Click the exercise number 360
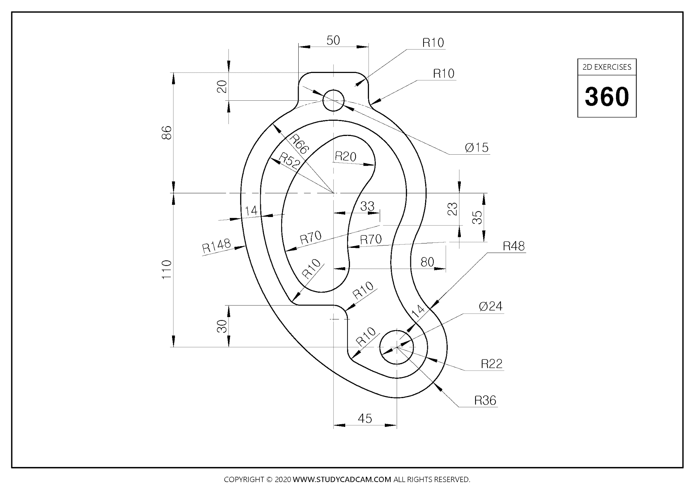[607, 97]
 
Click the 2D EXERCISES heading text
[607, 67]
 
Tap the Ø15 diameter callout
[476, 148]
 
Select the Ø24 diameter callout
[490, 306]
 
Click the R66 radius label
[299, 144]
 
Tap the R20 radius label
[345, 156]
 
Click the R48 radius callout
[513, 246]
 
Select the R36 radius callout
[485, 400]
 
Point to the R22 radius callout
[491, 364]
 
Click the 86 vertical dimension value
[167, 133]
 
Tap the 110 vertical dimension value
[167, 270]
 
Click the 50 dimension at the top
[333, 41]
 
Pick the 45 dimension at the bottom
[365, 418]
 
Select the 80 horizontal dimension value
[427, 262]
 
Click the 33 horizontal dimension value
[367, 206]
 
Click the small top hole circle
[334, 100]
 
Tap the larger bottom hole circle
[397, 347]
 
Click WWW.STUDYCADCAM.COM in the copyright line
[342, 479]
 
